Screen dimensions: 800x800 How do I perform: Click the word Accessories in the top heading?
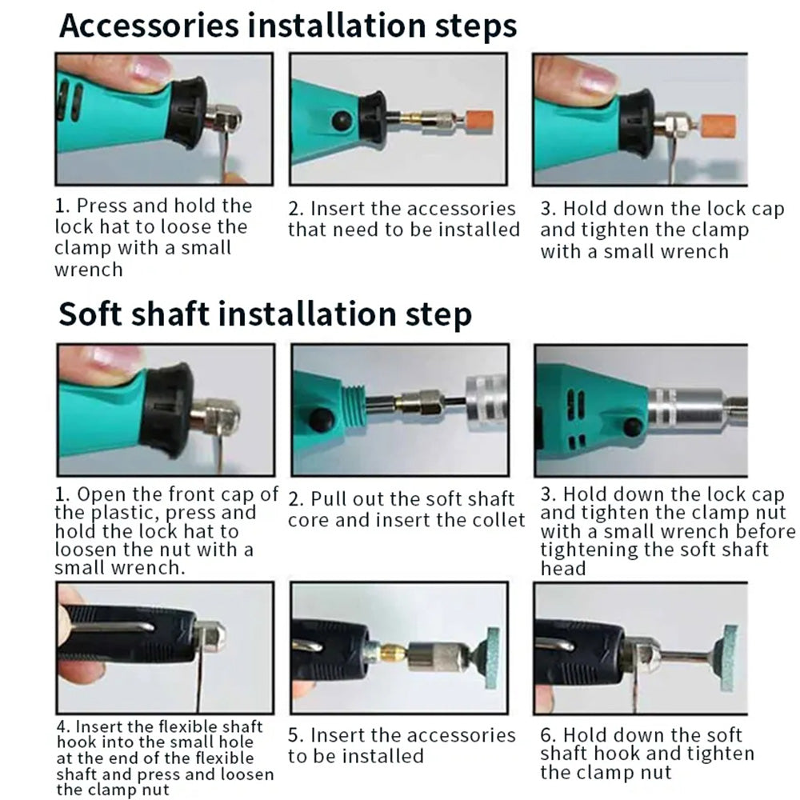point(149,26)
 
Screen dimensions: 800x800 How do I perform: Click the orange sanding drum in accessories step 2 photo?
point(478,122)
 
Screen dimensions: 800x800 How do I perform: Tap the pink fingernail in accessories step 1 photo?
point(151,68)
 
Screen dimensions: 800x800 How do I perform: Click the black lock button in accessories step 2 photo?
point(342,121)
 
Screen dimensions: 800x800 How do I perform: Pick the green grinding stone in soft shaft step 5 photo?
point(492,658)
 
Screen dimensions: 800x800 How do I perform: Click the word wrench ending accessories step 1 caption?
point(89,270)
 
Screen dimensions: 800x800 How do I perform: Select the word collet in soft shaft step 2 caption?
point(497,520)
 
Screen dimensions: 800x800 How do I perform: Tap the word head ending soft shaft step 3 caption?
point(562,568)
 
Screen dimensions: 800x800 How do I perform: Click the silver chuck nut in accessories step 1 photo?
point(222,122)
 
